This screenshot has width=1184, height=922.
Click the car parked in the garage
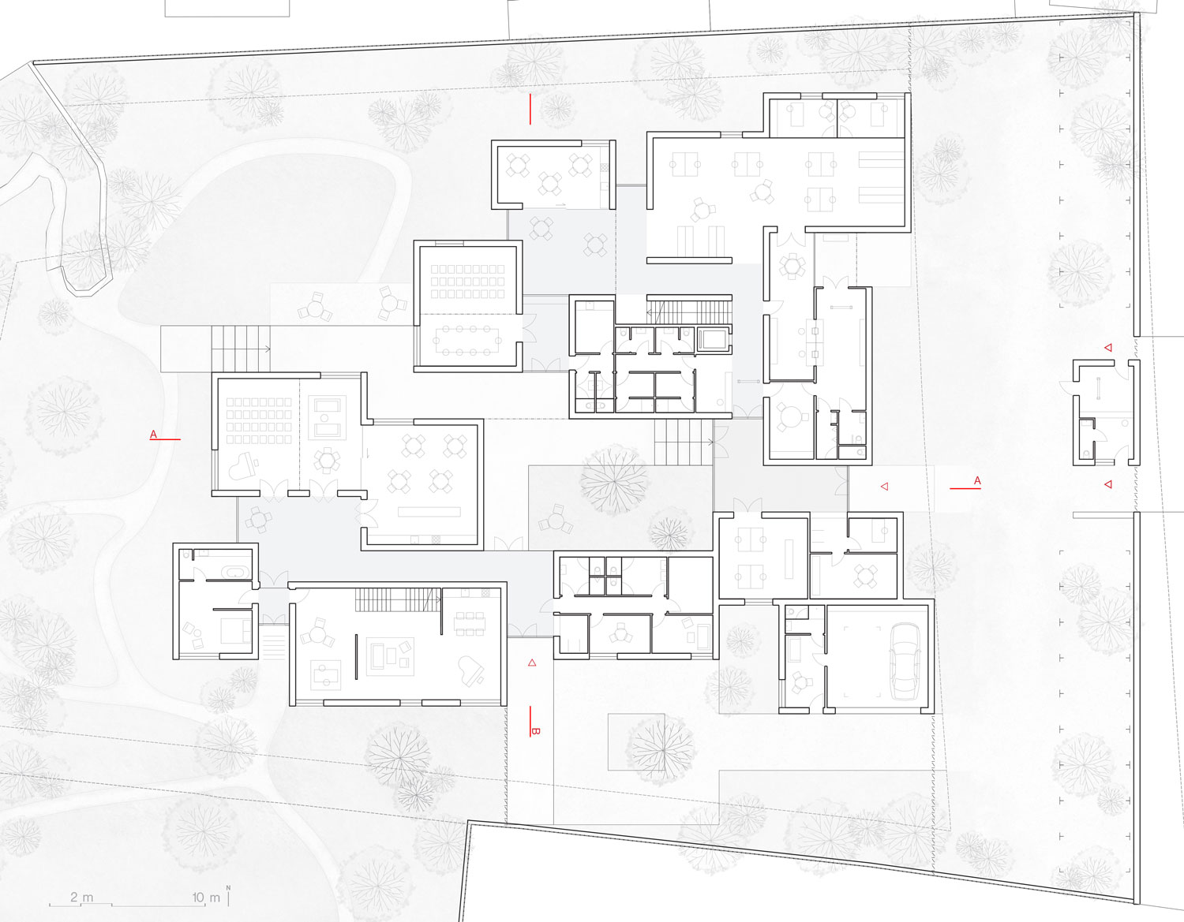[x=905, y=663]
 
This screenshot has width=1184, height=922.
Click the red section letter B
[x=535, y=731]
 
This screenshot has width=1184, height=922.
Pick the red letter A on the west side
[x=154, y=434]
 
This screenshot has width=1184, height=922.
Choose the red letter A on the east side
[x=977, y=480]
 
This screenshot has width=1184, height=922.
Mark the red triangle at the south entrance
[x=532, y=663]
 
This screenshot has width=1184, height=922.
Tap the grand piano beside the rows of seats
[x=242, y=466]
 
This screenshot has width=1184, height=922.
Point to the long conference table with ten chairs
[x=467, y=341]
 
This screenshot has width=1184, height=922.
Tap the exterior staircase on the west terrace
[x=240, y=349]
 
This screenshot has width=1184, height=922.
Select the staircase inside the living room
[x=398, y=599]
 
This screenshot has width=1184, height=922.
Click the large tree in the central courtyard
[x=613, y=480]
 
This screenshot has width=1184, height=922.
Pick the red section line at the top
[x=530, y=109]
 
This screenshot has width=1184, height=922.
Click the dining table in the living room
[x=470, y=623]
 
